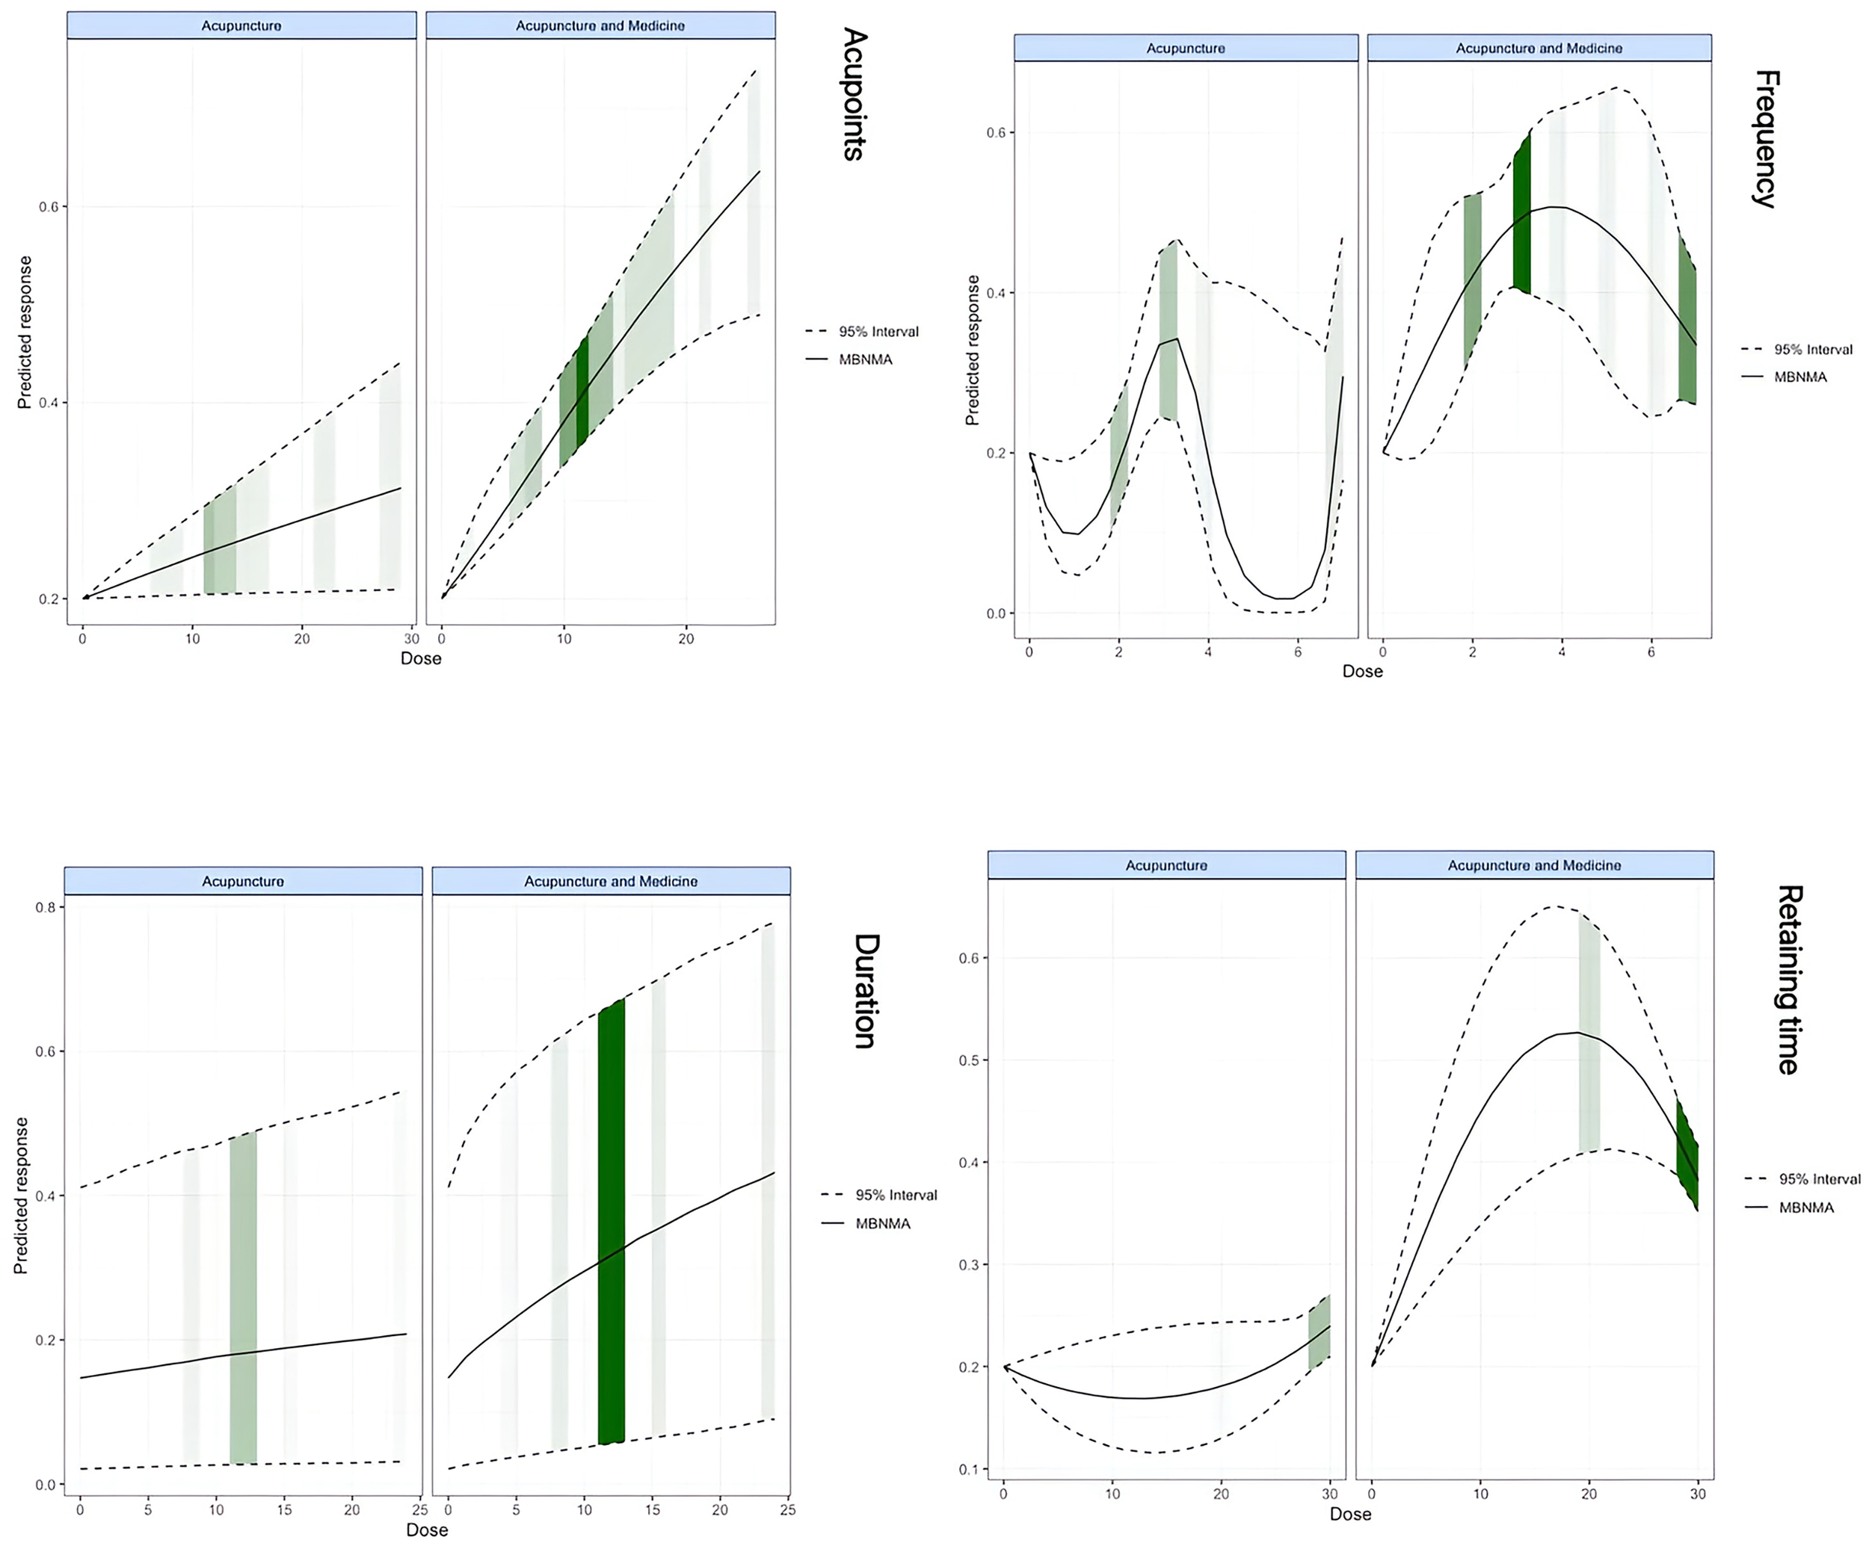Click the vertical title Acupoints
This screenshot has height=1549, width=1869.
(855, 94)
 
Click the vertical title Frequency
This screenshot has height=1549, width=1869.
(1765, 139)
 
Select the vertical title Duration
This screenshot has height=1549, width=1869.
(866, 991)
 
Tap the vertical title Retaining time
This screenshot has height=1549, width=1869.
(1789, 980)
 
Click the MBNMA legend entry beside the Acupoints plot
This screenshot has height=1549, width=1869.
(864, 359)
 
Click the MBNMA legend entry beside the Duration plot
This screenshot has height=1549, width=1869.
(882, 1223)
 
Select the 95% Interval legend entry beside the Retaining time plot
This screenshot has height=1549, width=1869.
(1818, 1179)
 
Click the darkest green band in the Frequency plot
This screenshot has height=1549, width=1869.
(1522, 214)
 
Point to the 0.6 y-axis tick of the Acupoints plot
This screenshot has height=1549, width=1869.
(48, 206)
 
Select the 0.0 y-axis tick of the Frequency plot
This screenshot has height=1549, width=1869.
(995, 613)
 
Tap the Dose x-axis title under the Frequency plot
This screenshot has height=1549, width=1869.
(1361, 672)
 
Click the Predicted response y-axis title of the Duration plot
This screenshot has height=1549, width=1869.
(22, 1195)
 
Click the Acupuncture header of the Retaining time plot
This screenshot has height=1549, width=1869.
(1166, 865)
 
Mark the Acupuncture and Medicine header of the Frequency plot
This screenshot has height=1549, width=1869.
(1538, 48)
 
